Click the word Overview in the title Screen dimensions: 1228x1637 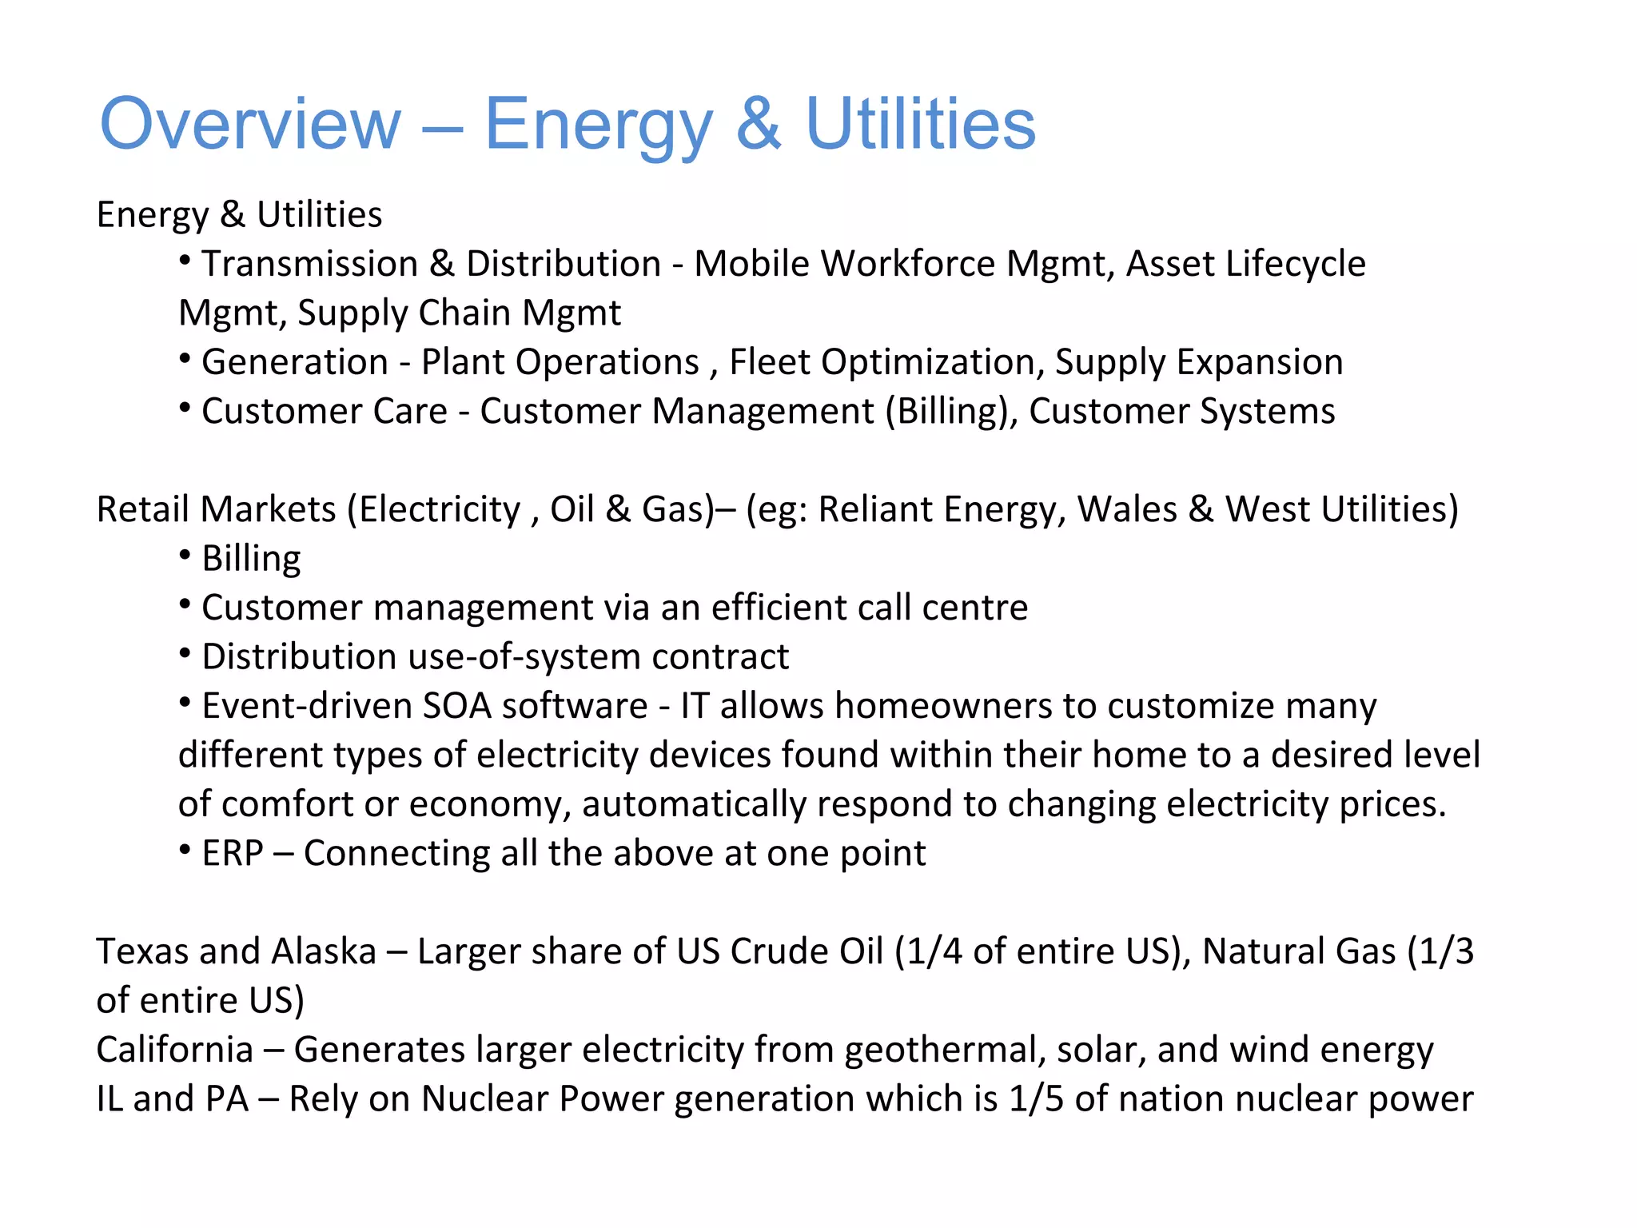click(249, 124)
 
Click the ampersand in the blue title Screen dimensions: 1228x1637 click(758, 124)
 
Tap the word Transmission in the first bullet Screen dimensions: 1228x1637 click(309, 264)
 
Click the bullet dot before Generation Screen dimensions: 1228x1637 click(185, 359)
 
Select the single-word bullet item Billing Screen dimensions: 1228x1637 click(251, 559)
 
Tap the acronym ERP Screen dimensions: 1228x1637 click(232, 853)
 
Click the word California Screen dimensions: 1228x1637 click(174, 1050)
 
